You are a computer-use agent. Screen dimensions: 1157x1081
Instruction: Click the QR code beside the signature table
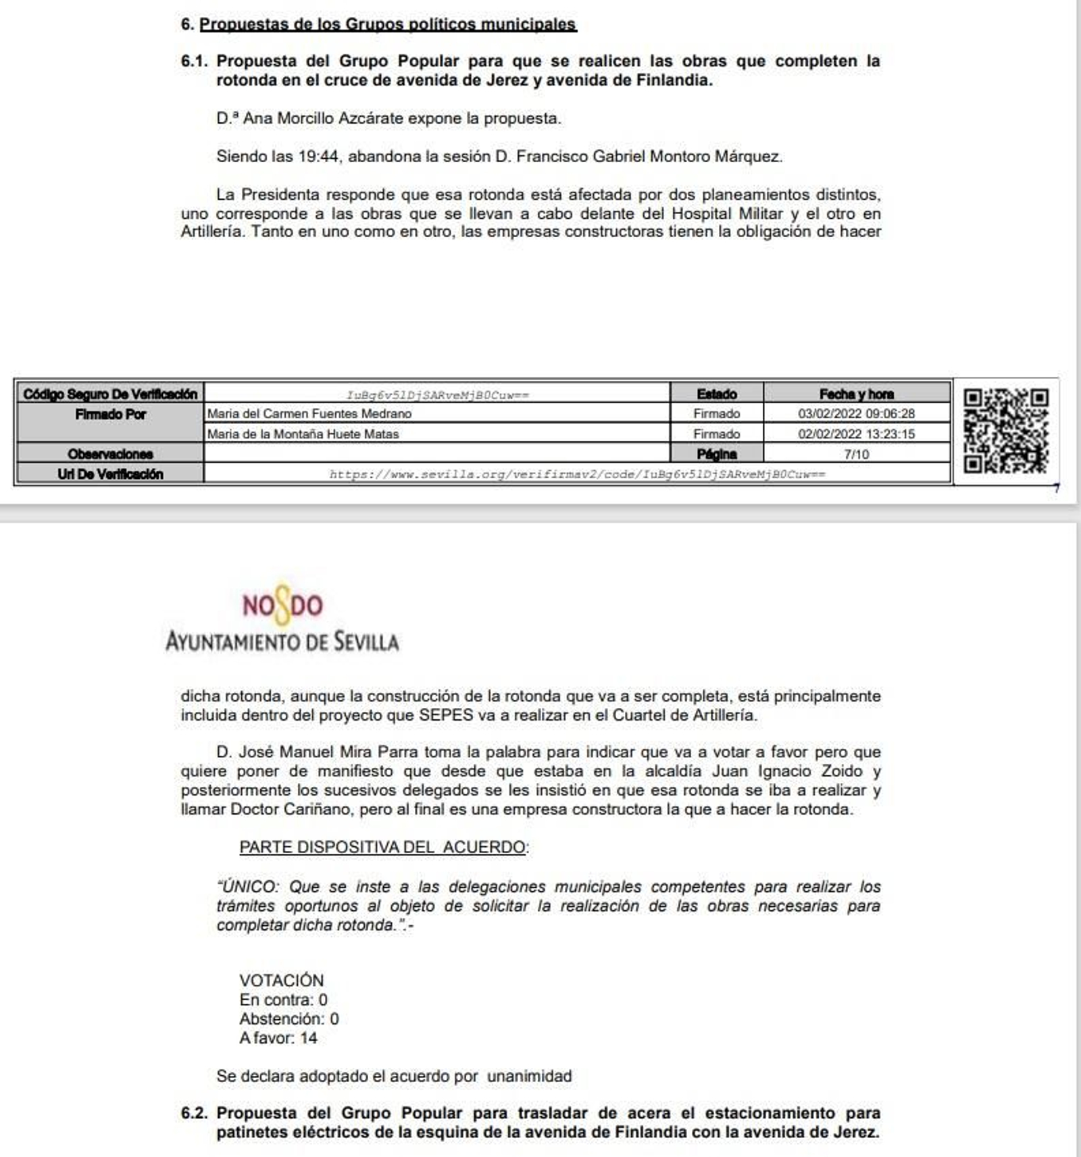1005,431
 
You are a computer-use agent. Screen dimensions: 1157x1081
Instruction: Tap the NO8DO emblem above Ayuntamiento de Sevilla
283,604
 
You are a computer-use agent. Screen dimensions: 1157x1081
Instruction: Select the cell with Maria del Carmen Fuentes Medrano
309,413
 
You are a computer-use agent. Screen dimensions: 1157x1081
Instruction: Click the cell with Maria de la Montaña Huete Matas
303,434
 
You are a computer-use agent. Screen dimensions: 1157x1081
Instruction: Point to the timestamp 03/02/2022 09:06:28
856,413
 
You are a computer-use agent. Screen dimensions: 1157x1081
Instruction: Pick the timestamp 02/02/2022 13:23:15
856,434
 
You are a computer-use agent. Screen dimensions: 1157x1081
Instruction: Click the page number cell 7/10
856,454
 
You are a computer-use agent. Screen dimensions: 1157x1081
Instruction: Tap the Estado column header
716,394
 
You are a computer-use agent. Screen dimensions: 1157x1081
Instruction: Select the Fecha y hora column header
856,394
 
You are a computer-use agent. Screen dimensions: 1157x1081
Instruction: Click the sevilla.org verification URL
577,474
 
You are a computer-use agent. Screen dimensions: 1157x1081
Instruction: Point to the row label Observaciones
110,454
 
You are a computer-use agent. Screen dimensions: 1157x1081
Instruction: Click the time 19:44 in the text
318,157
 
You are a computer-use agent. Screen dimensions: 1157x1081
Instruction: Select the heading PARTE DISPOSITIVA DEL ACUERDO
383,847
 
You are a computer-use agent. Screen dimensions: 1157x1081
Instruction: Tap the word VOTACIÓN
281,980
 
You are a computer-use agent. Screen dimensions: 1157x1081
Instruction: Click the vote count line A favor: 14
278,1038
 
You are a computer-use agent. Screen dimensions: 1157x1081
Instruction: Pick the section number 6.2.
195,1113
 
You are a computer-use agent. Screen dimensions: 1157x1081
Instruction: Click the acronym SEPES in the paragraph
446,715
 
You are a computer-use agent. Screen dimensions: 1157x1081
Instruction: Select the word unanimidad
529,1076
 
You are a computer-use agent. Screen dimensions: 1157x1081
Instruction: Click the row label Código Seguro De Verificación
110,394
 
